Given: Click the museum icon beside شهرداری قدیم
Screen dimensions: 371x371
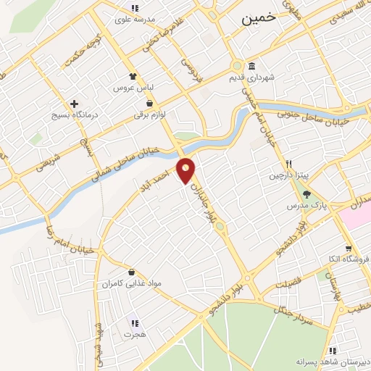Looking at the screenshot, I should pyautogui.click(x=252, y=65).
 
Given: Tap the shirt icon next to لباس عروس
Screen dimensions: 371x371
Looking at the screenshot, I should pyautogui.click(x=132, y=76).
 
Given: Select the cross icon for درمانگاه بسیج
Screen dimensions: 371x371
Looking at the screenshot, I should pyautogui.click(x=74, y=104).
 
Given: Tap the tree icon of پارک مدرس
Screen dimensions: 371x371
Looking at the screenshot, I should pyautogui.click(x=307, y=194).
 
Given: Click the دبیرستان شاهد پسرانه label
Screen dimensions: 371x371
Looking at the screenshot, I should pyautogui.click(x=333, y=360).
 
